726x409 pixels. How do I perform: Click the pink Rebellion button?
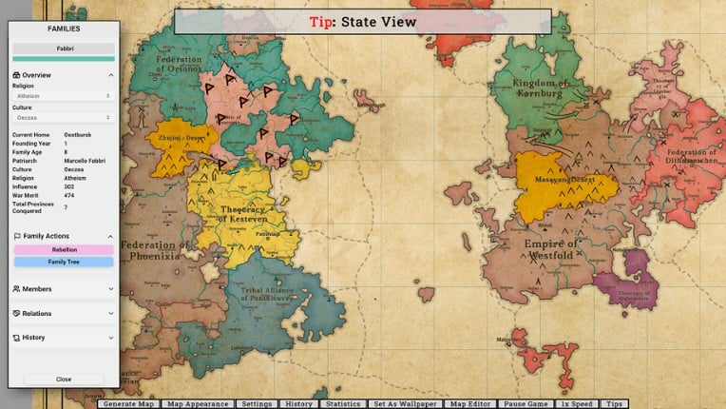(64, 250)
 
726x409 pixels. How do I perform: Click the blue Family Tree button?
(64, 262)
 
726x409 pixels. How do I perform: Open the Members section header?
(64, 288)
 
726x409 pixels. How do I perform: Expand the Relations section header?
(64, 313)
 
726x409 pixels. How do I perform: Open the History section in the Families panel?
(64, 338)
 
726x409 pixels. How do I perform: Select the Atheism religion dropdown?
(64, 96)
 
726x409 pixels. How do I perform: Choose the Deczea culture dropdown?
(64, 118)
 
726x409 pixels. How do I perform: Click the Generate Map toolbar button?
(129, 404)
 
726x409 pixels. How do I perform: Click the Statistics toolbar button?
(342, 404)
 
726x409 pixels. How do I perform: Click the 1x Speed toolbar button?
(577, 404)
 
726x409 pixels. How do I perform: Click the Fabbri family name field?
(64, 48)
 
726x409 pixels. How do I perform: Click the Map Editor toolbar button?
(469, 404)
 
